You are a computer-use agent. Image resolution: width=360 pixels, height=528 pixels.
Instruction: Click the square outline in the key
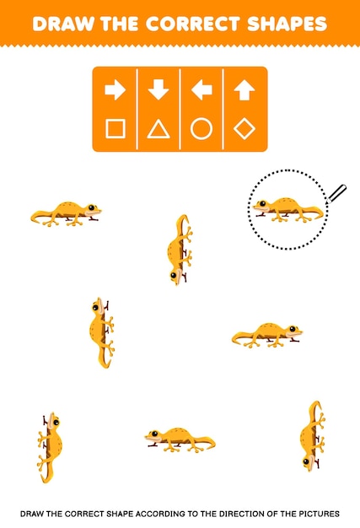pyautogui.click(x=116, y=129)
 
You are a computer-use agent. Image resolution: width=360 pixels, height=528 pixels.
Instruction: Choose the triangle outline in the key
pyautogui.click(x=158, y=129)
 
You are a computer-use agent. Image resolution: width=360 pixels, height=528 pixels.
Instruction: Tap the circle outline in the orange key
pyautogui.click(x=201, y=129)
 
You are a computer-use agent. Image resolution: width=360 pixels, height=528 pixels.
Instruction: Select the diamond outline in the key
pyautogui.click(x=244, y=129)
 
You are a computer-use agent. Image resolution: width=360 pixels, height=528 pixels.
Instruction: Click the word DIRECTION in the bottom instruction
pyautogui.click(x=244, y=512)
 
